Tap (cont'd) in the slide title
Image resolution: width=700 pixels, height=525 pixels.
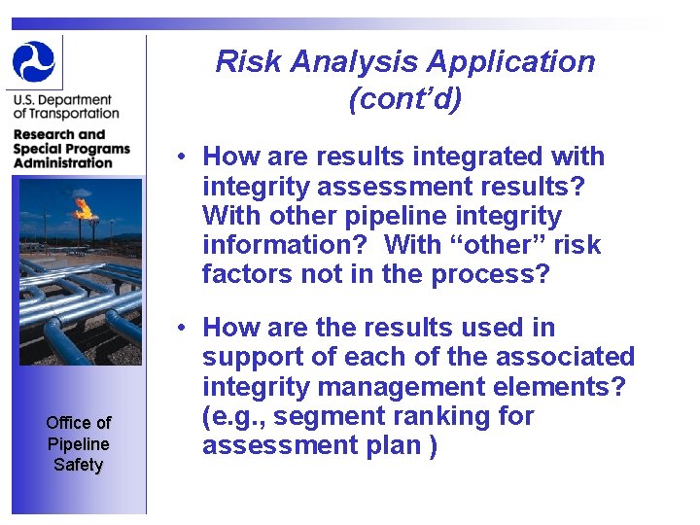[x=404, y=99]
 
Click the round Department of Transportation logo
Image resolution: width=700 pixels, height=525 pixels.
[x=34, y=61]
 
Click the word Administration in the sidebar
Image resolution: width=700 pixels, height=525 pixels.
[x=63, y=162]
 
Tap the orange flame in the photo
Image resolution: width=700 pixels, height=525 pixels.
[x=84, y=208]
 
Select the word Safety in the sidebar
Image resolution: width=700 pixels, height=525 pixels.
[x=78, y=465]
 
